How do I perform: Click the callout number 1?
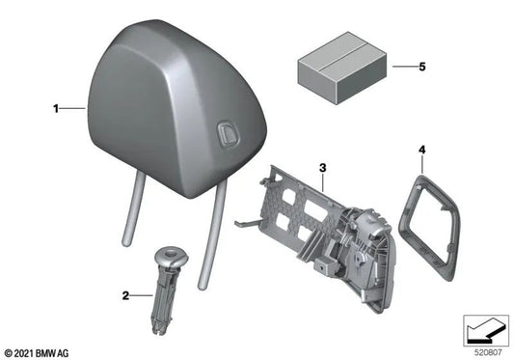[x=56, y=110]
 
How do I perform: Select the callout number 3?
[x=323, y=167]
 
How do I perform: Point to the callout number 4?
[x=421, y=150]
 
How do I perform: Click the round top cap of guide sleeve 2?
[x=172, y=256]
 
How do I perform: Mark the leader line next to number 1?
[x=73, y=110]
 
